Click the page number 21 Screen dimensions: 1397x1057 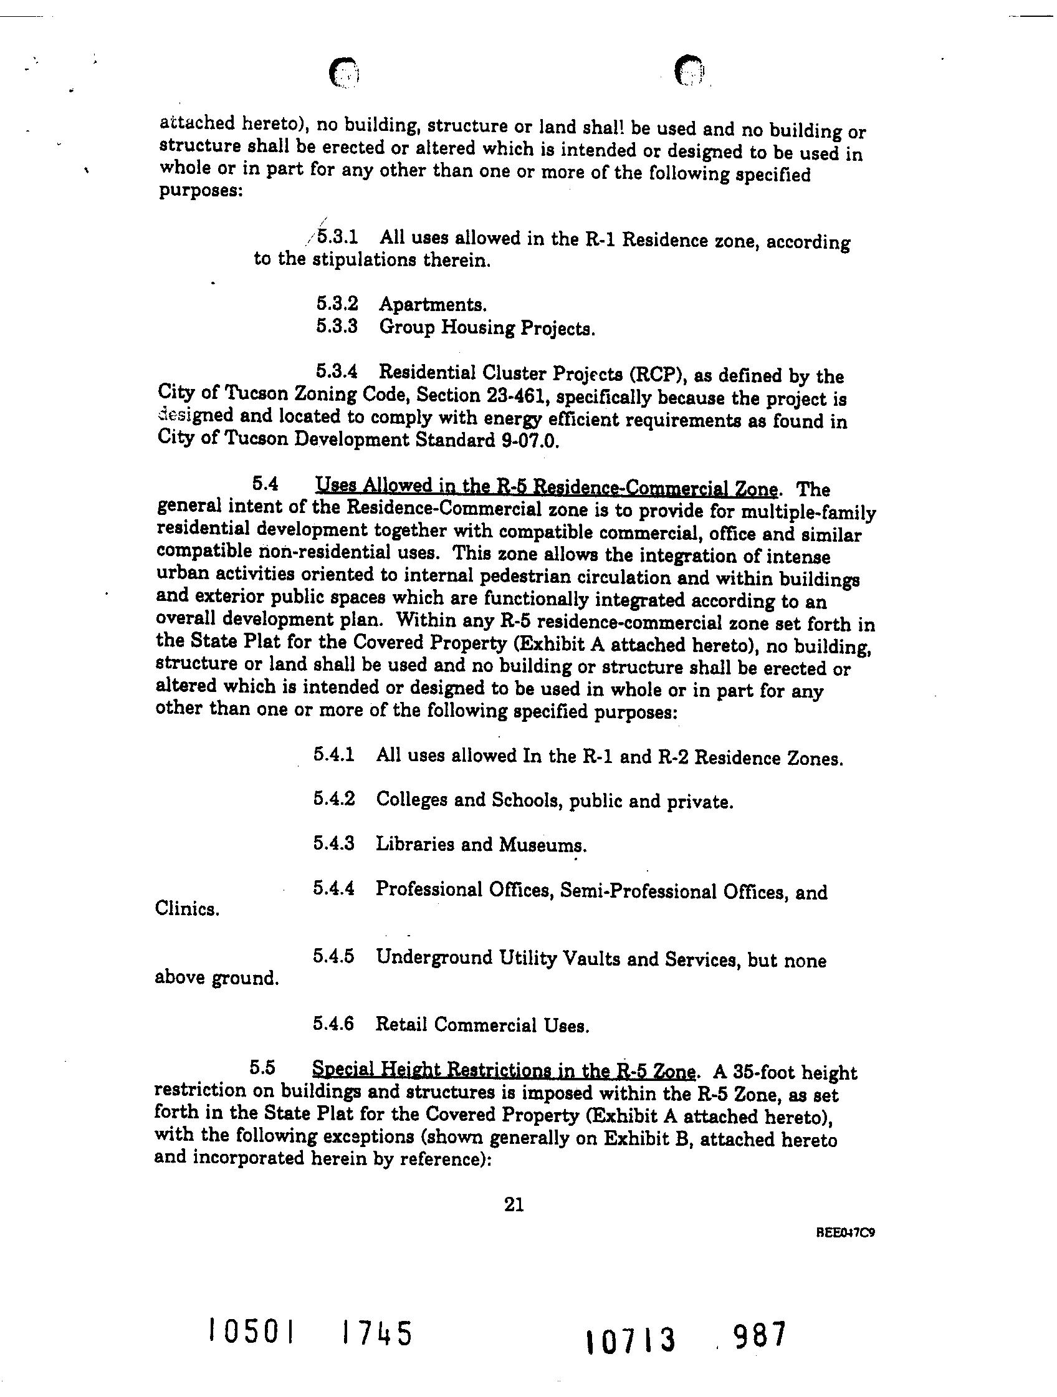pos(514,1205)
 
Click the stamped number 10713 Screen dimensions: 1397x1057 pos(631,1340)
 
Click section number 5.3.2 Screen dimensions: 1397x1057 pos(337,304)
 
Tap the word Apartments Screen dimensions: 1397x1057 pos(432,304)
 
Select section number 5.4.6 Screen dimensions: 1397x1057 pos(333,1024)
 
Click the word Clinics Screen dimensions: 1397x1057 pos(187,909)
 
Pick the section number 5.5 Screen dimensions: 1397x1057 pos(262,1068)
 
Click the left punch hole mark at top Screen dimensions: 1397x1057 pos(344,73)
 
